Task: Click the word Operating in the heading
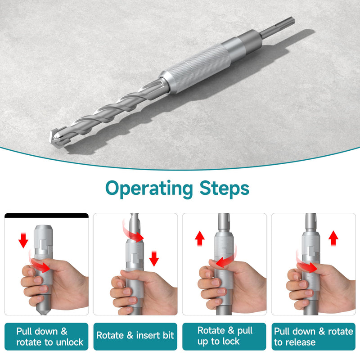click(149, 189)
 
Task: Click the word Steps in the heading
click(224, 188)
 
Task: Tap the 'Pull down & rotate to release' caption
click(313, 337)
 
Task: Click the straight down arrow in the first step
click(23, 240)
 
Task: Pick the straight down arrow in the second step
click(154, 259)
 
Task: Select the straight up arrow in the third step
click(200, 238)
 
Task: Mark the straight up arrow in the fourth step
click(333, 238)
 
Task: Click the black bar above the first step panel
click(46, 216)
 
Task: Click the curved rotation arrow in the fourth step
click(306, 264)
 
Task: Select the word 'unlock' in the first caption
click(70, 342)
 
